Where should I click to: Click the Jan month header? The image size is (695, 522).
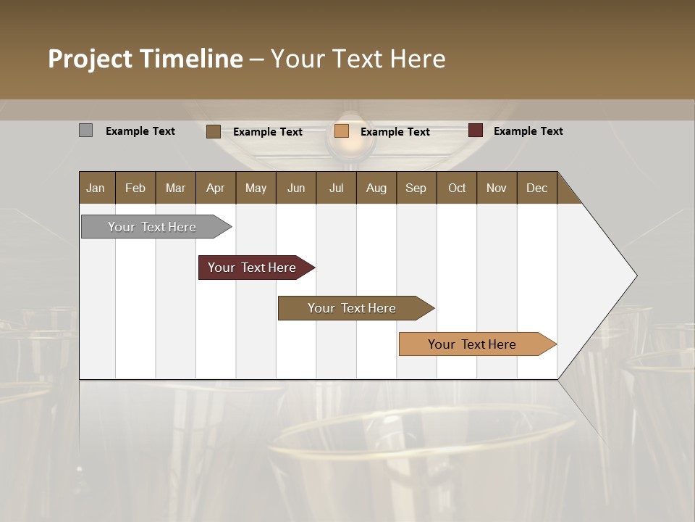[x=96, y=188]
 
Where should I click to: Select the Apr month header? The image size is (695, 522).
[x=215, y=188]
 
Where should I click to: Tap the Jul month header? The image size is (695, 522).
[x=336, y=188]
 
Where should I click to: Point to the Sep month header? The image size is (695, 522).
[x=416, y=188]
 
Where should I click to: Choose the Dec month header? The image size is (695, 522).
[x=536, y=188]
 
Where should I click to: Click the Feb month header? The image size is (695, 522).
[x=135, y=188]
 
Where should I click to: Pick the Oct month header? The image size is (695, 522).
[x=457, y=188]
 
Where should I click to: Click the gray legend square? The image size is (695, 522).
[x=85, y=130]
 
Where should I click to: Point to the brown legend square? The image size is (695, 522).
[x=213, y=131]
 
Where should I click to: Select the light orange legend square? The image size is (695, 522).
[x=342, y=131]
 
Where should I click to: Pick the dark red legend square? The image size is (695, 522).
[x=475, y=130]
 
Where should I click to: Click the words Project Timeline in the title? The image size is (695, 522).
[x=145, y=59]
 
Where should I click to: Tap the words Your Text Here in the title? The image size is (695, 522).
[x=358, y=59]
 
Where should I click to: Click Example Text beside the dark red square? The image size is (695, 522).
[x=528, y=131]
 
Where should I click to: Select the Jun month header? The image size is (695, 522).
[x=296, y=188]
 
